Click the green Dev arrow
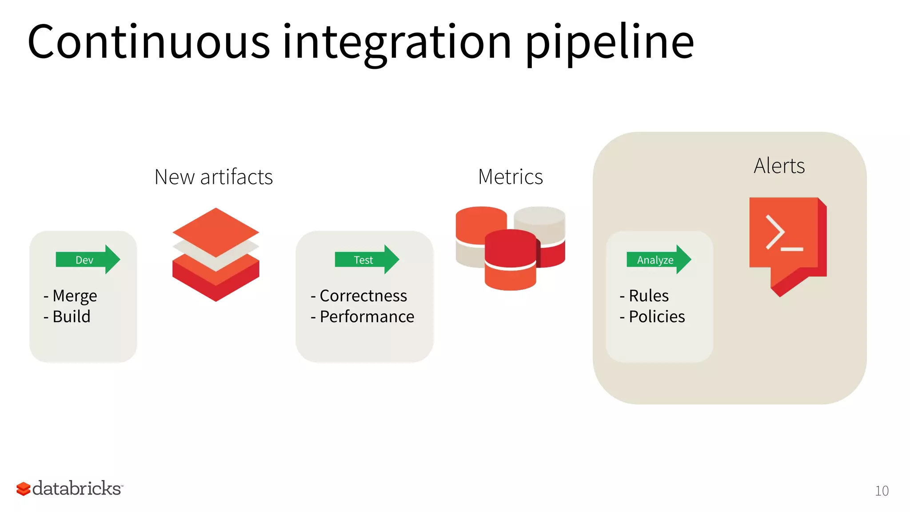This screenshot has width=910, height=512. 88,260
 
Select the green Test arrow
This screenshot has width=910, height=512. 367,260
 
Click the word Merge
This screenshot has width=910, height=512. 75,296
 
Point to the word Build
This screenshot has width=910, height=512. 71,317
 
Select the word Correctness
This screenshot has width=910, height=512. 363,296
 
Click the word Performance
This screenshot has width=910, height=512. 367,317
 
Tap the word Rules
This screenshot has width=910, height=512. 648,296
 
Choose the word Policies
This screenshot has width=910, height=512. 657,317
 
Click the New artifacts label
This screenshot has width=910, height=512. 213,177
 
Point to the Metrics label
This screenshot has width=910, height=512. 510,177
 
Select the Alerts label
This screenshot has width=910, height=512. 779,166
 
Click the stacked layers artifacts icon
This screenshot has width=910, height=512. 216,255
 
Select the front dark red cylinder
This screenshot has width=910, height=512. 510,249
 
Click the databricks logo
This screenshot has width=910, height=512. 70,488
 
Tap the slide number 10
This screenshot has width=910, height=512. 882,491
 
